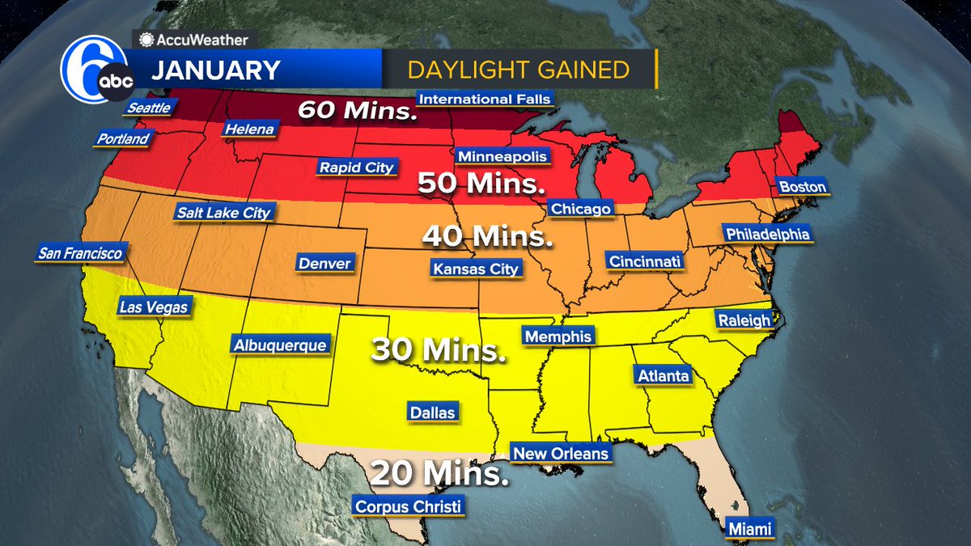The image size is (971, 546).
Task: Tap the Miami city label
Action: click(749, 528)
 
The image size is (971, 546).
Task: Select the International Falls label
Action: click(485, 99)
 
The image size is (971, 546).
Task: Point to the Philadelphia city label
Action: click(767, 234)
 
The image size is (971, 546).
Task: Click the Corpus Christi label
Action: click(409, 507)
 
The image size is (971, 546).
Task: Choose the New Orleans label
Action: click(561, 453)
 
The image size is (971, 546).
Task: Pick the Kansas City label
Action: click(476, 269)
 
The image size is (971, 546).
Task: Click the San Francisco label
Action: click(80, 254)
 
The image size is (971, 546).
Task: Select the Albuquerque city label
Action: click(281, 345)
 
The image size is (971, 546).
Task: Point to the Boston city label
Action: click(802, 187)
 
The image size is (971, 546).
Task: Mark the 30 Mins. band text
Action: click(434, 350)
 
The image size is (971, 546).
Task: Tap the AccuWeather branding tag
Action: click(196, 39)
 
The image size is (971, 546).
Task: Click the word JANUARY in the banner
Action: click(215, 70)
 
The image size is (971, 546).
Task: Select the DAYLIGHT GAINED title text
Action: click(518, 70)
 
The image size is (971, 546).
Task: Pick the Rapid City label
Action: click(357, 167)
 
